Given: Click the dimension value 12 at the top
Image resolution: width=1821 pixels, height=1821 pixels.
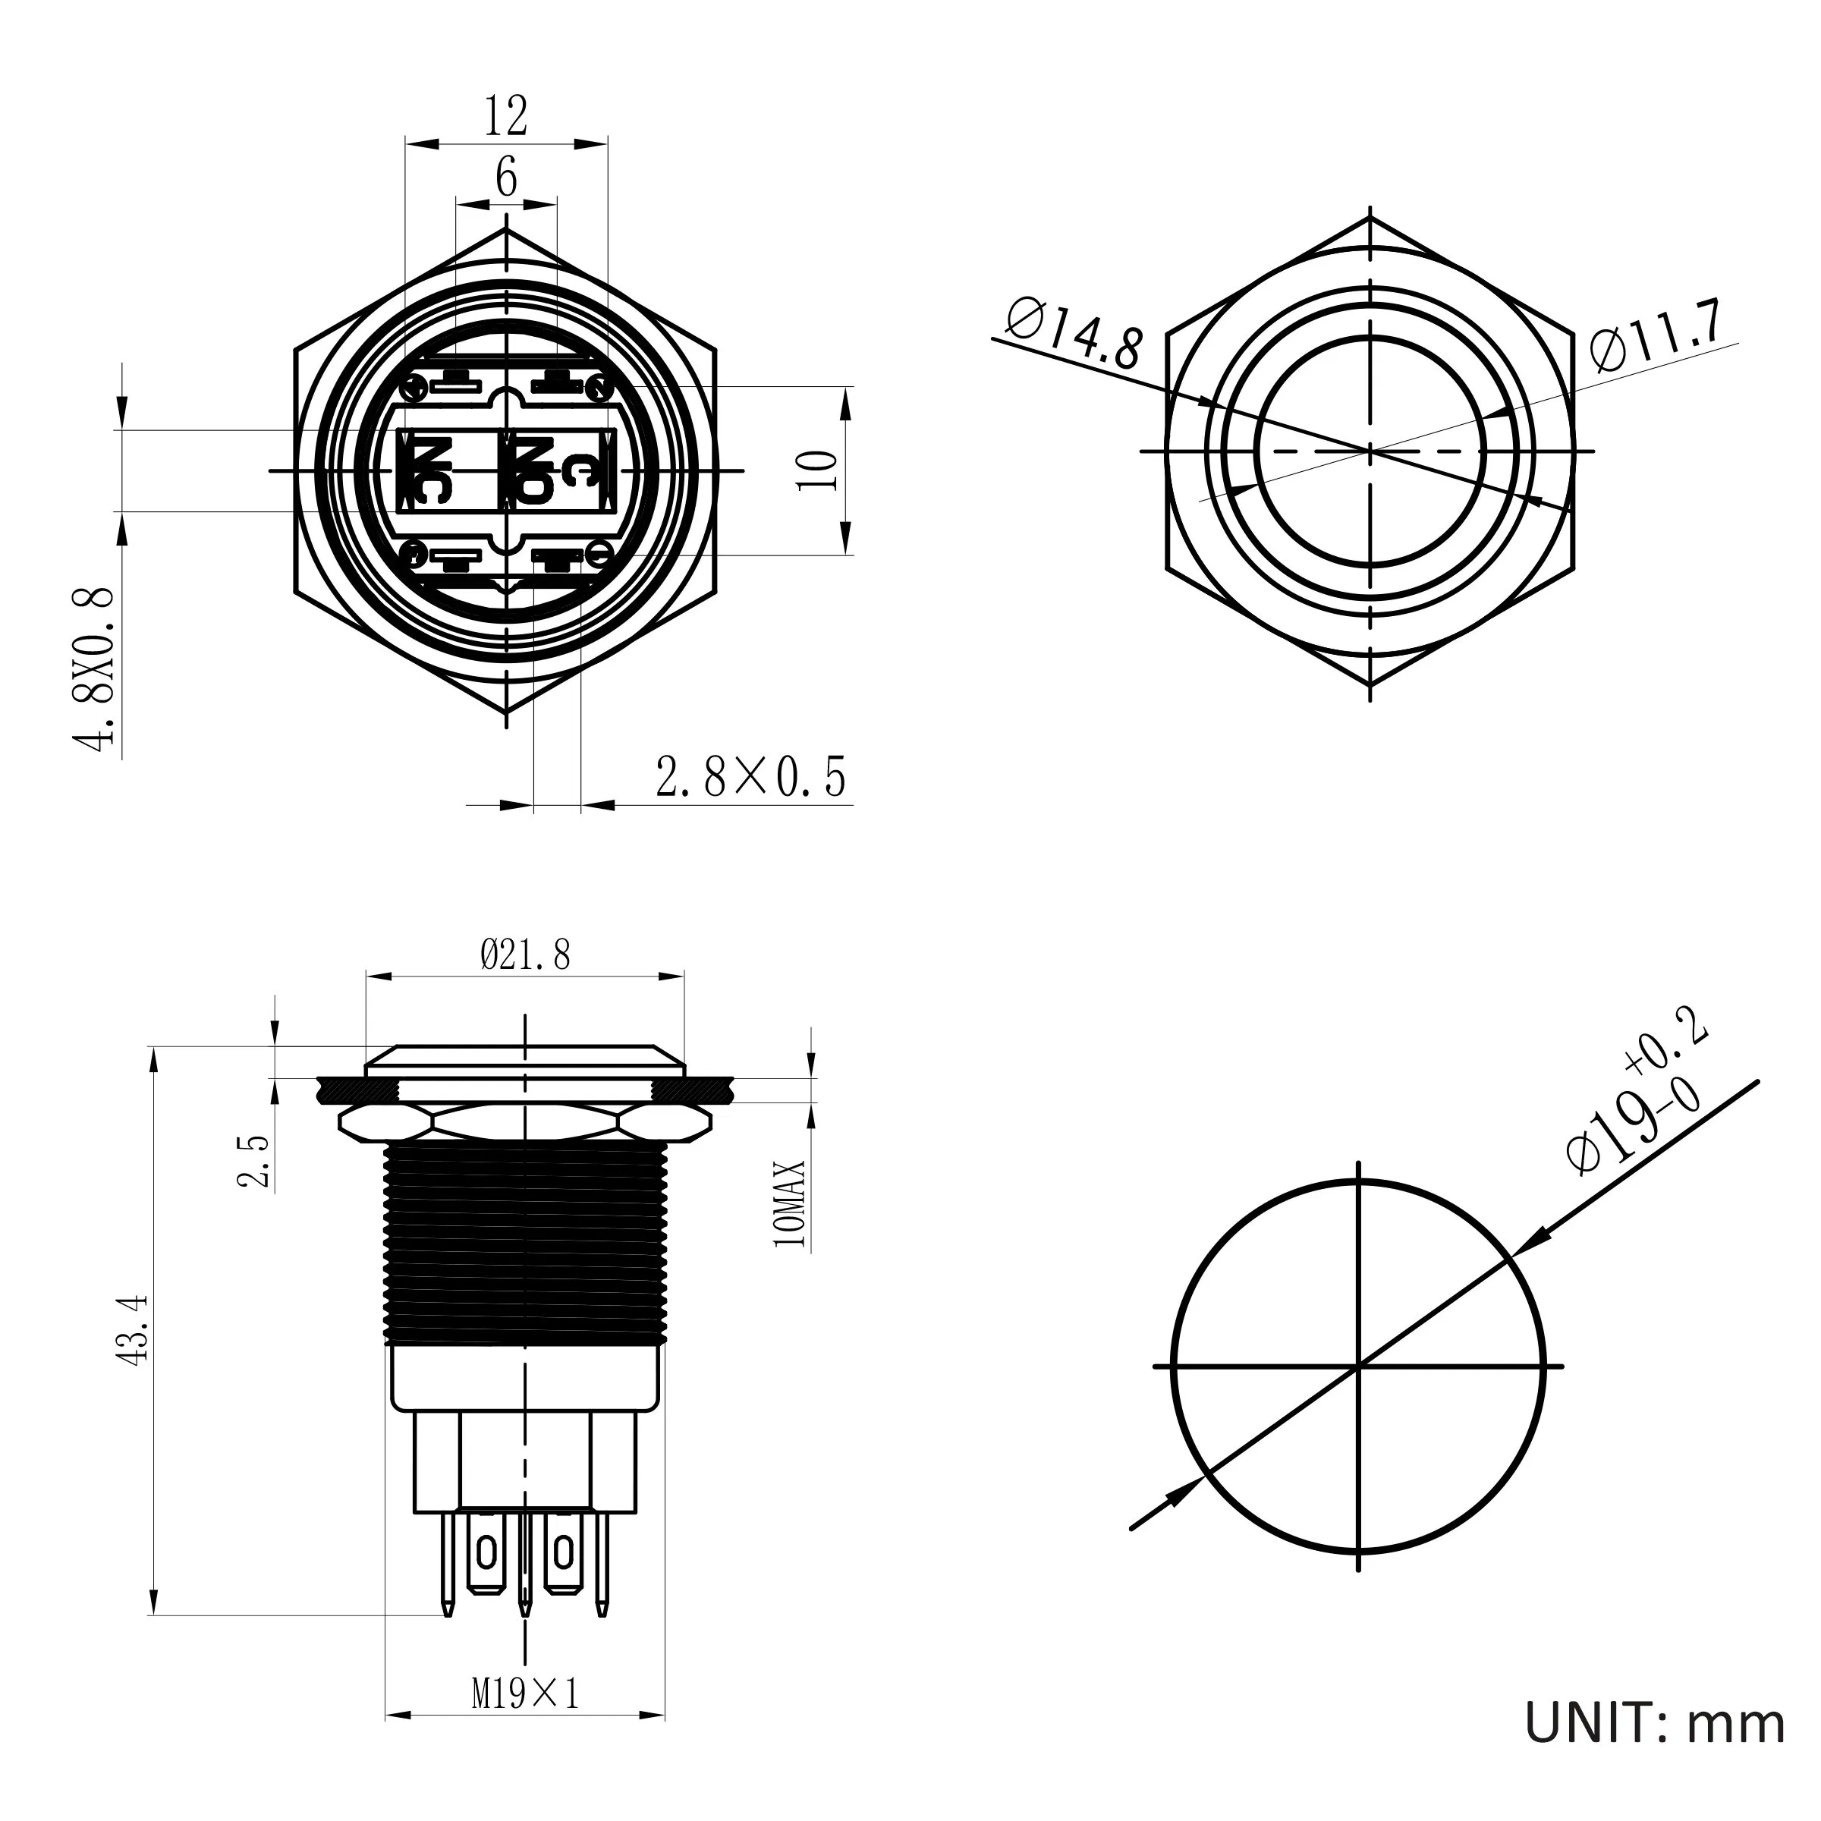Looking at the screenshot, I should tap(506, 117).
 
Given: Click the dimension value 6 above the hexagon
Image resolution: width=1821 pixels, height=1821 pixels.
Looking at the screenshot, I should tap(506, 178).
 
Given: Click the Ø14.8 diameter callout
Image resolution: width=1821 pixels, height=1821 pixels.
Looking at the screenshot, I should tap(1074, 335).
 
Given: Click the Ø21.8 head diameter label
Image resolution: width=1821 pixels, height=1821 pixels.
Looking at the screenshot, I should tap(525, 956).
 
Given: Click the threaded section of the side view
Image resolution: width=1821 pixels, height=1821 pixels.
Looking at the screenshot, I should tap(525, 1244).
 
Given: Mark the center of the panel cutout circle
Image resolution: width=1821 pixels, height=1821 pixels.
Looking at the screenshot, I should tap(1358, 1366).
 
